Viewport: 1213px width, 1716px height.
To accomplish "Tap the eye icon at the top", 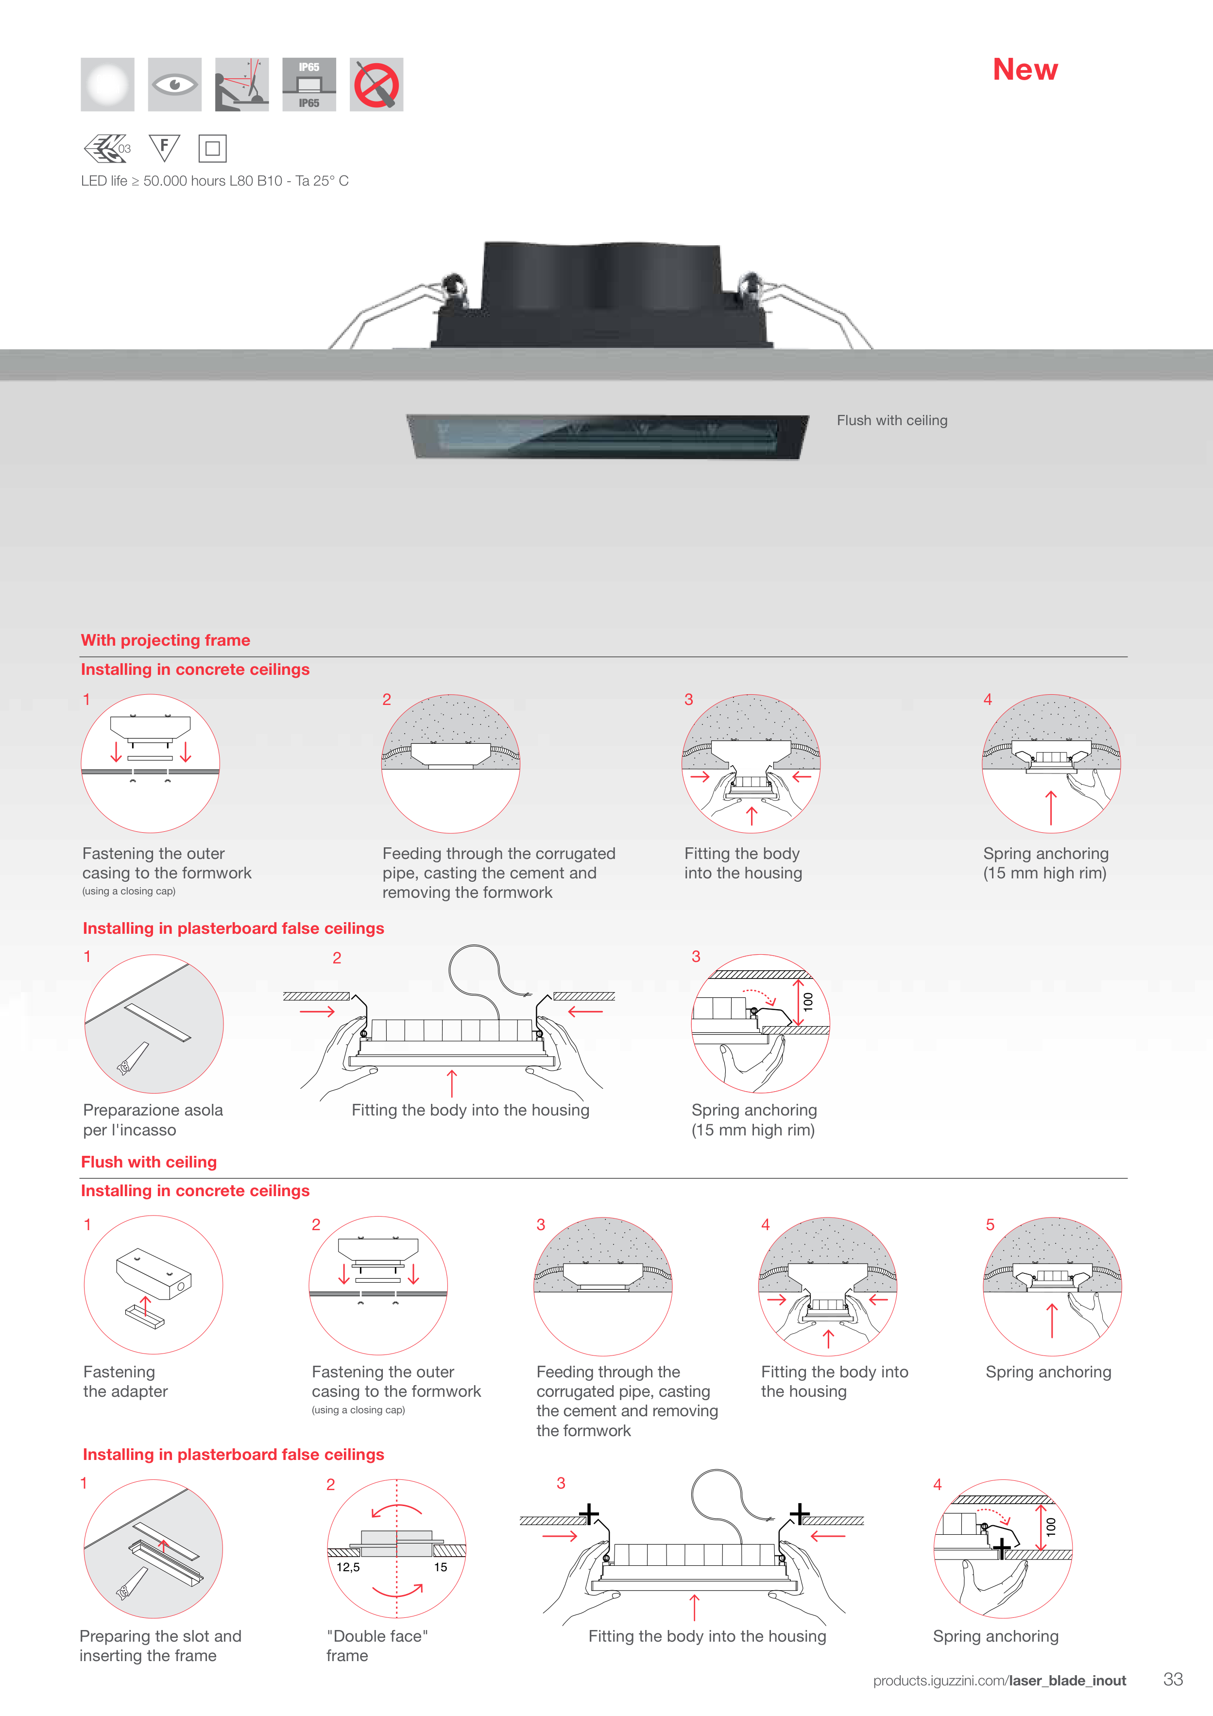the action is coord(174,85).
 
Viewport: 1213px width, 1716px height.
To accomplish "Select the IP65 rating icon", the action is coord(308,85).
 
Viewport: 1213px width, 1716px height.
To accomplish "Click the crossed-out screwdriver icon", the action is coord(376,85).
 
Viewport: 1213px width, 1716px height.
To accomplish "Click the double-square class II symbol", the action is coord(212,148).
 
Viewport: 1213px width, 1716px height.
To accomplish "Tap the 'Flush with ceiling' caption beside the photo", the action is coord(891,420).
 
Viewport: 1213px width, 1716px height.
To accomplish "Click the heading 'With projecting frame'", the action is coord(165,640).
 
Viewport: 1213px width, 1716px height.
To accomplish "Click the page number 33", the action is coord(1173,1680).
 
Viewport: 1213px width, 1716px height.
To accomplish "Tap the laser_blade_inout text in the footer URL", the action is coord(1067,1681).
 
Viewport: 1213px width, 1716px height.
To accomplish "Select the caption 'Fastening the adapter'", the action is coord(125,1381).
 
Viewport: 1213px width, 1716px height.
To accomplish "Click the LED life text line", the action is coord(215,181).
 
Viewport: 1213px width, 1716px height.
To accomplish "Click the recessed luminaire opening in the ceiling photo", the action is coord(607,436).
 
